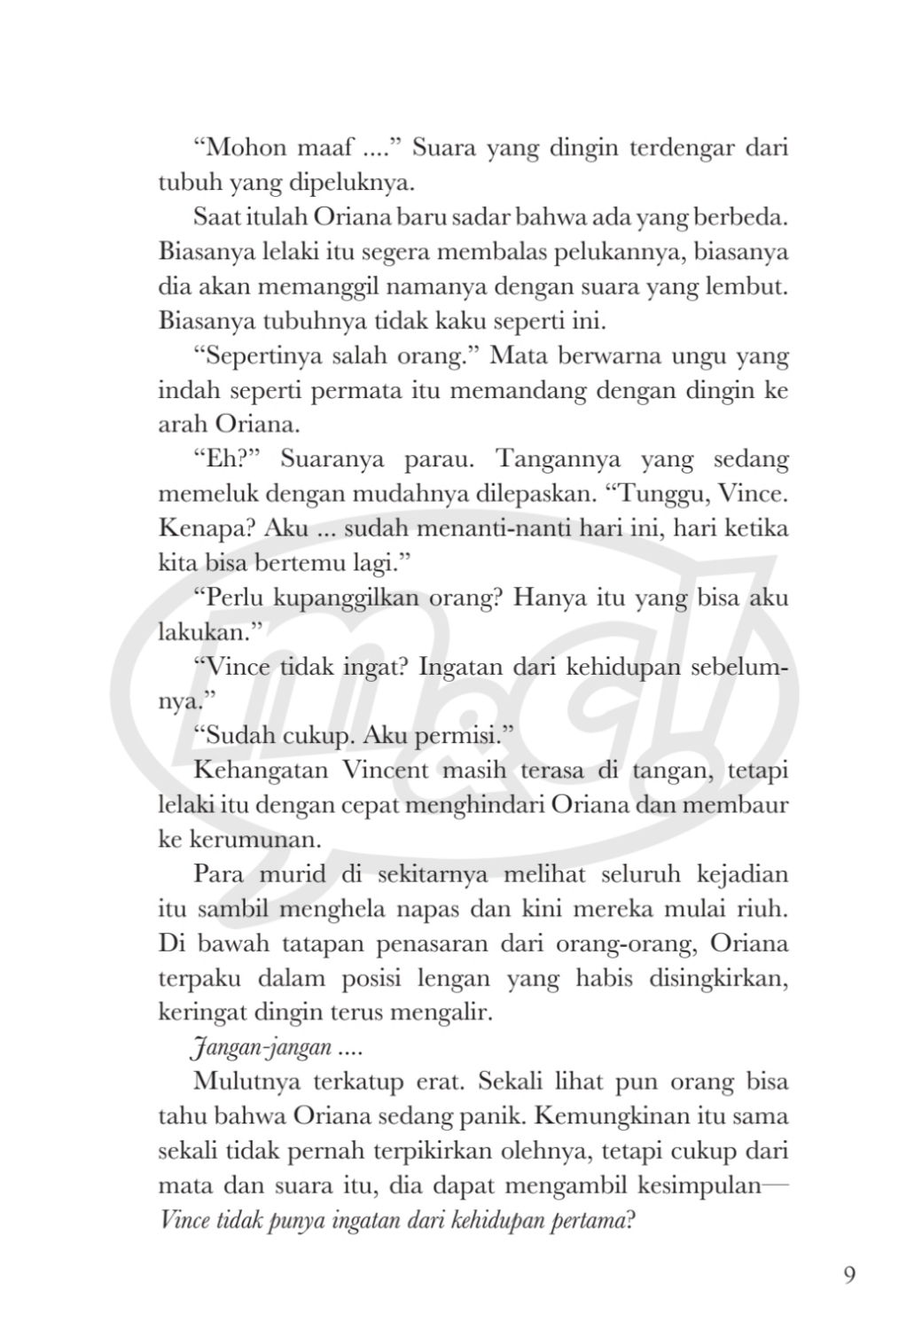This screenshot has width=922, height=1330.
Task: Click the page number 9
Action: point(849,1275)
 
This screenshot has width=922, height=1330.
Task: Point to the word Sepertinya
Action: point(262,356)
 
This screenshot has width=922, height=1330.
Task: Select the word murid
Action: point(291,873)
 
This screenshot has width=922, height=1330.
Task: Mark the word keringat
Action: point(201,1012)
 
